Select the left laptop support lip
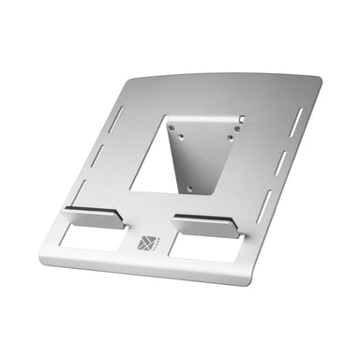93,217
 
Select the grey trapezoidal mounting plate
202,155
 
